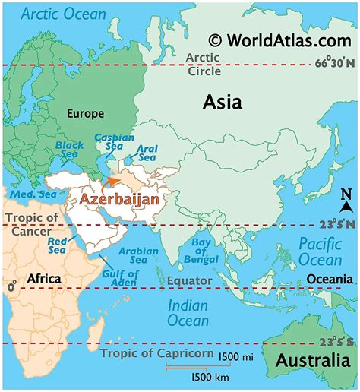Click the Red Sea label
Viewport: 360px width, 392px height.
coord(58,245)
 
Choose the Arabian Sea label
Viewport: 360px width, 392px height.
coord(143,256)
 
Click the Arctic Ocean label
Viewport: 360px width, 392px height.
coord(55,14)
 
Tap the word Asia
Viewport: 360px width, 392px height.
coord(222,102)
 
